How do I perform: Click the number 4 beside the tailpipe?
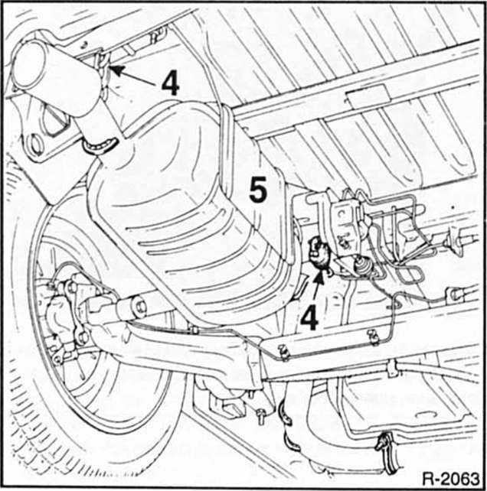point(170,82)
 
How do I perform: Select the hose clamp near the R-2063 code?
point(384,442)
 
